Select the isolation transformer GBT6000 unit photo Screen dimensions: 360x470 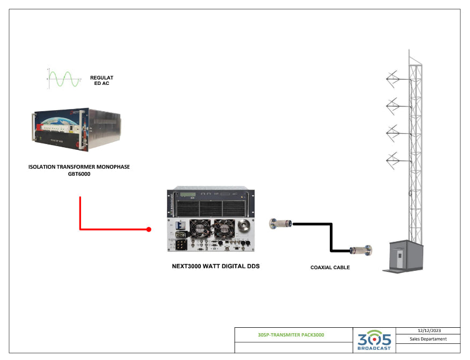pos(76,132)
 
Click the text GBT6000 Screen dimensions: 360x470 pos(79,174)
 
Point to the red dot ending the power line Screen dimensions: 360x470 pos(149,229)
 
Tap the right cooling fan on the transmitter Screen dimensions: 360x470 pos(225,228)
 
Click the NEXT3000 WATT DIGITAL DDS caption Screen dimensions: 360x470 pos(215,266)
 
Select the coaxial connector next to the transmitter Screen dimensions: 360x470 pos(281,222)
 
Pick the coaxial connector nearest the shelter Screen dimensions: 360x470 pos(360,250)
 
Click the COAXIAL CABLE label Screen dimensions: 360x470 pos(330,267)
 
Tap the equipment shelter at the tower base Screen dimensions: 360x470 pos(408,257)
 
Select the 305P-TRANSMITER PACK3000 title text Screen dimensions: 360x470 pos(291,335)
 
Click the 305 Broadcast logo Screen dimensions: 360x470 pos(374,340)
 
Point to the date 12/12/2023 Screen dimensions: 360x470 pos(428,330)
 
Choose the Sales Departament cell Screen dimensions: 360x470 pos(428,339)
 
